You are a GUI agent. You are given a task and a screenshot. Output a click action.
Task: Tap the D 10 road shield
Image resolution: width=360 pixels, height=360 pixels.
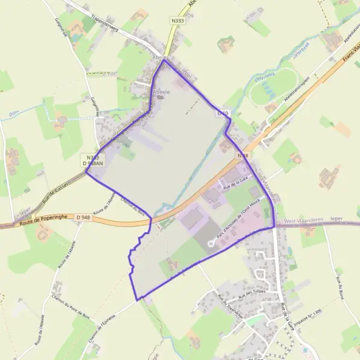pos(223,113)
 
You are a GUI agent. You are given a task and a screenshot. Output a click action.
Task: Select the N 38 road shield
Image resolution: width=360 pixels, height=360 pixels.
pos(242,155)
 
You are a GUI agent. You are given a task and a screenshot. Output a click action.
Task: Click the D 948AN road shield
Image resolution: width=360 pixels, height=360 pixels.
pos(92,163)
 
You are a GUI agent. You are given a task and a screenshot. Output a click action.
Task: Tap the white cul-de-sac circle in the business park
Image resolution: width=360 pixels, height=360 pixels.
pos(211,244)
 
